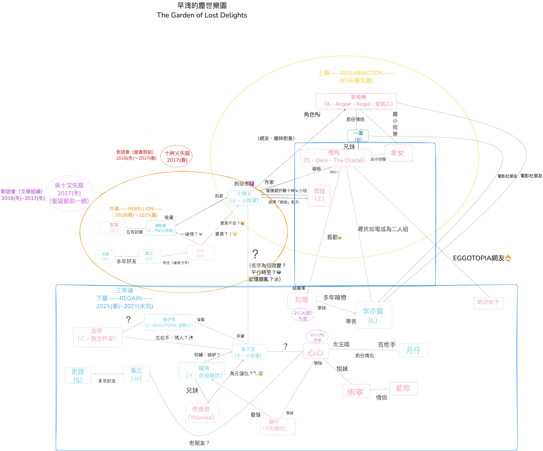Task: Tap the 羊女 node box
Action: click(x=398, y=153)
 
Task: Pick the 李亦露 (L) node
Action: click(x=374, y=315)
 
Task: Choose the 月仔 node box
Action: click(x=413, y=350)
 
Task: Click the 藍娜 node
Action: click(x=403, y=388)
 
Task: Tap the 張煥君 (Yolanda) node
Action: click(x=202, y=413)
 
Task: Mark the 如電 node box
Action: click(x=302, y=300)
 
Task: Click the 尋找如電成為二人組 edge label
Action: click(x=383, y=229)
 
